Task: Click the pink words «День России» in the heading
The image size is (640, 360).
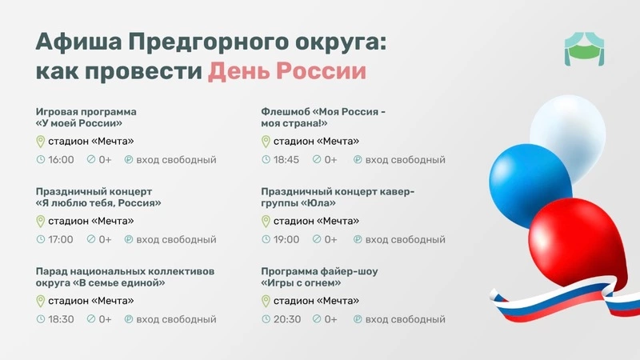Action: point(287,71)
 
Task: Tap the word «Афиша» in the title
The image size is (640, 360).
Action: point(78,42)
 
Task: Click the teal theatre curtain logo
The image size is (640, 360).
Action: point(584,49)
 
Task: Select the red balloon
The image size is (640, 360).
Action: point(578,243)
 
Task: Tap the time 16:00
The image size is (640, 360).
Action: point(62,159)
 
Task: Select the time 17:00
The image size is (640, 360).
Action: point(61,239)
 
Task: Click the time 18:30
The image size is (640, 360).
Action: point(62,319)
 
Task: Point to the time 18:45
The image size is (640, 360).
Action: point(286,159)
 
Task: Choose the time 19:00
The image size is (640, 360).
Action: point(286,239)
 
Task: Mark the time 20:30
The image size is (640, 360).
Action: point(287,319)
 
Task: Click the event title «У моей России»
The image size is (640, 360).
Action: point(78,123)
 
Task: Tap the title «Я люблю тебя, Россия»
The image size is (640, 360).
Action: point(98,203)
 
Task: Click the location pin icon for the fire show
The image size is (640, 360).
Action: point(266,302)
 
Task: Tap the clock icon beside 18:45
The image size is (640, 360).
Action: point(266,159)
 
